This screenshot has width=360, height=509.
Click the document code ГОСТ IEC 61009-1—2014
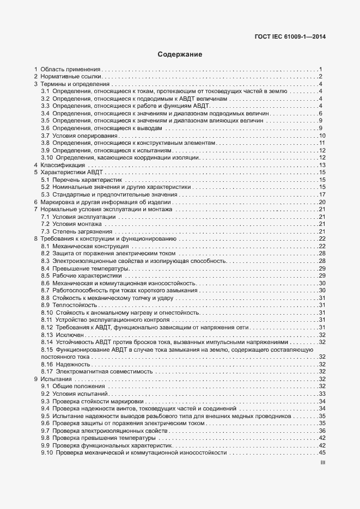coord(294,38)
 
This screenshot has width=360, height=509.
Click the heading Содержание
coord(180,54)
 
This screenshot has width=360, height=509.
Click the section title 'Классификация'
coord(63,165)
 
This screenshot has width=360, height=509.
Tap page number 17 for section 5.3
coord(321,194)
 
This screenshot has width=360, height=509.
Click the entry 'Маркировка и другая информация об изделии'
coord(102,202)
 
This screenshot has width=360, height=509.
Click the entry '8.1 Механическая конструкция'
coord(83,247)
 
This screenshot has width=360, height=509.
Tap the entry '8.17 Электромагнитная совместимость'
coord(96,371)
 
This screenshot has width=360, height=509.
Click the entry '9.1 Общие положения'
coord(74,387)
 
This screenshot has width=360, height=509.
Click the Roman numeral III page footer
coord(322,465)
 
